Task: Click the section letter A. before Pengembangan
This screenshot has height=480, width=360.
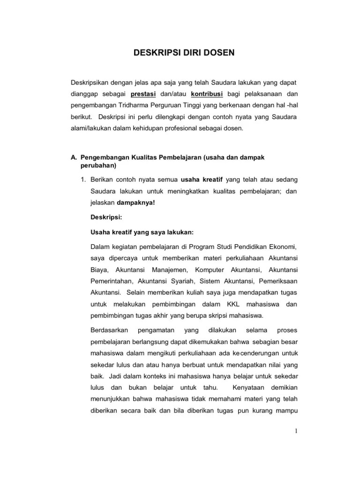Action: tap(74, 157)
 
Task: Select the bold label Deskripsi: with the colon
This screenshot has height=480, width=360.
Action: tap(106, 217)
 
